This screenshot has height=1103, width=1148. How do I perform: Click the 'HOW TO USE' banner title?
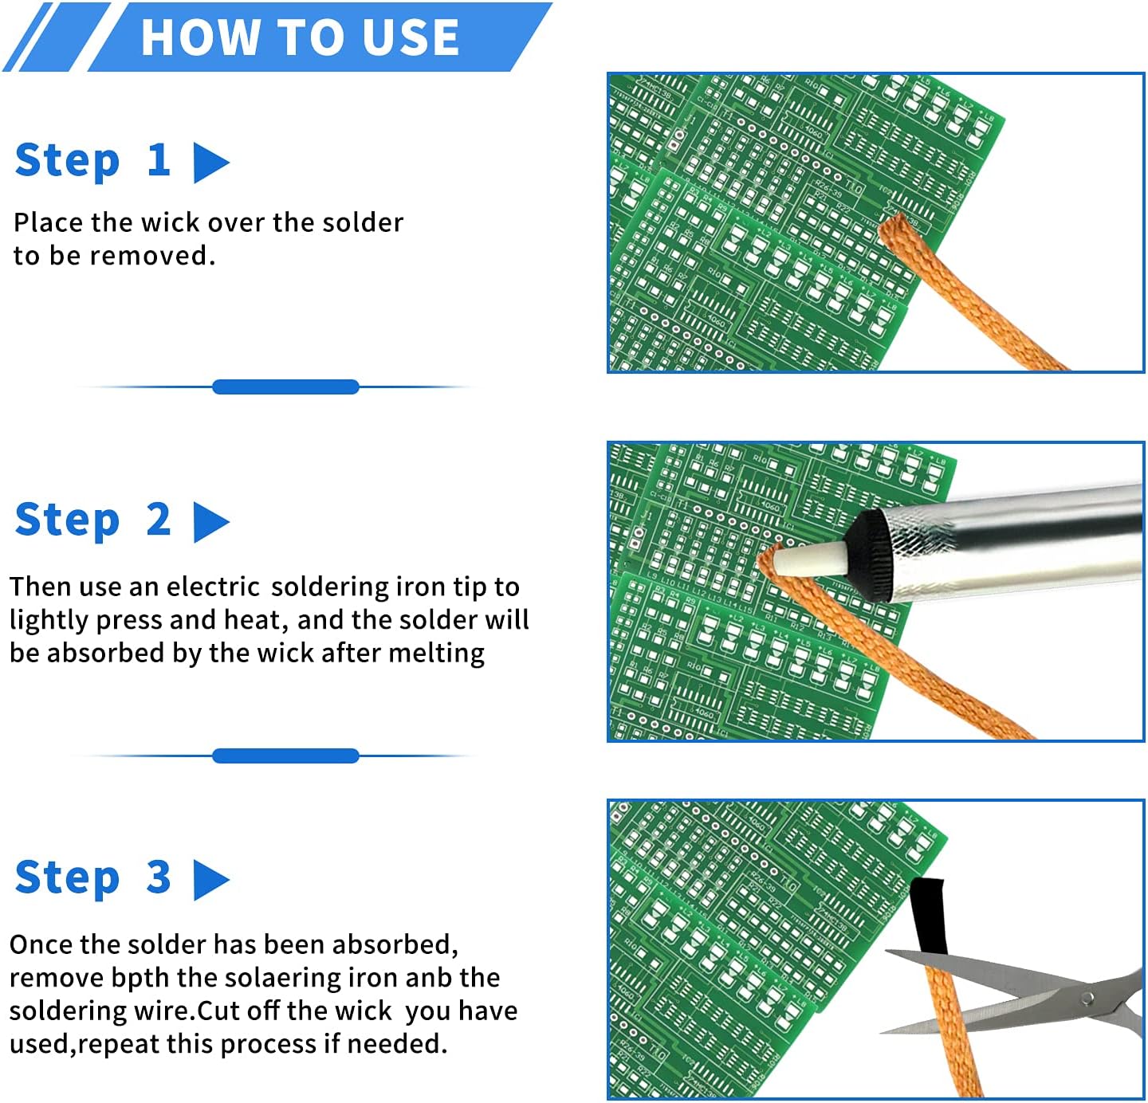point(300,37)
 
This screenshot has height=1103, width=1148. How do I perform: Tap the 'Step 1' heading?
point(92,160)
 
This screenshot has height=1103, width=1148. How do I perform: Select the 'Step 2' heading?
point(92,520)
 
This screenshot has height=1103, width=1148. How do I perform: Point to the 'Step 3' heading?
point(92,877)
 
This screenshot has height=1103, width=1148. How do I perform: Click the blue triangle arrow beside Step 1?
point(210,163)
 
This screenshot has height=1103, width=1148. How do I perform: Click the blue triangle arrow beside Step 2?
point(210,522)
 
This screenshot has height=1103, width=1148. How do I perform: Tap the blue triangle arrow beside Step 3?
point(210,879)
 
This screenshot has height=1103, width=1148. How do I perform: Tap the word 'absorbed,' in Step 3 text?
point(395,944)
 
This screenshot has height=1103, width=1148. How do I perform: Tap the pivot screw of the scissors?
point(1085,998)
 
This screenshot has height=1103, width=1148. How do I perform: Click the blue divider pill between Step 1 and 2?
point(285,387)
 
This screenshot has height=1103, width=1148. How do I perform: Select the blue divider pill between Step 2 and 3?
point(285,756)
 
